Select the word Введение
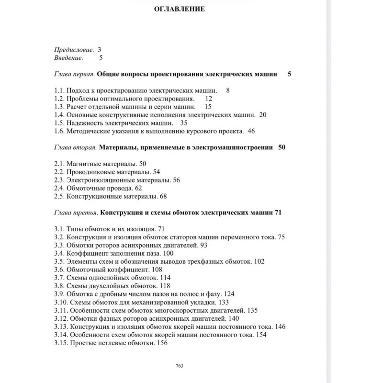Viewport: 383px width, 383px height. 69,58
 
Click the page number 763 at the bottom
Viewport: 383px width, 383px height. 180,366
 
